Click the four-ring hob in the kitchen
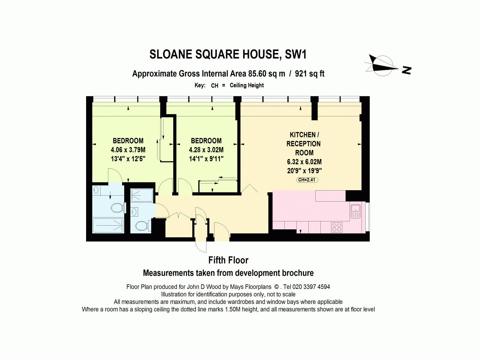pos(337,227)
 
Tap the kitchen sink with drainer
pos(355,211)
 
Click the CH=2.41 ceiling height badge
pos(307,180)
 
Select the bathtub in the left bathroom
pos(108,225)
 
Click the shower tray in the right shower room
pos(142,195)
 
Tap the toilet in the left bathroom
pos(118,208)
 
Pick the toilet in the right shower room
pos(143,226)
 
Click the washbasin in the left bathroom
pos(96,190)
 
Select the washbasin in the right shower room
pos(134,212)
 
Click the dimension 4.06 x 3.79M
pos(128,150)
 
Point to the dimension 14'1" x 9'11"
pos(206,159)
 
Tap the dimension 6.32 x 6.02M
pos(304,162)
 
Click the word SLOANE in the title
pos(171,54)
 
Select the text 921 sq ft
pos(310,74)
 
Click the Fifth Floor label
pos(228,260)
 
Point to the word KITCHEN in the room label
pos(303,135)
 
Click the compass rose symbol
pos(382,66)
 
